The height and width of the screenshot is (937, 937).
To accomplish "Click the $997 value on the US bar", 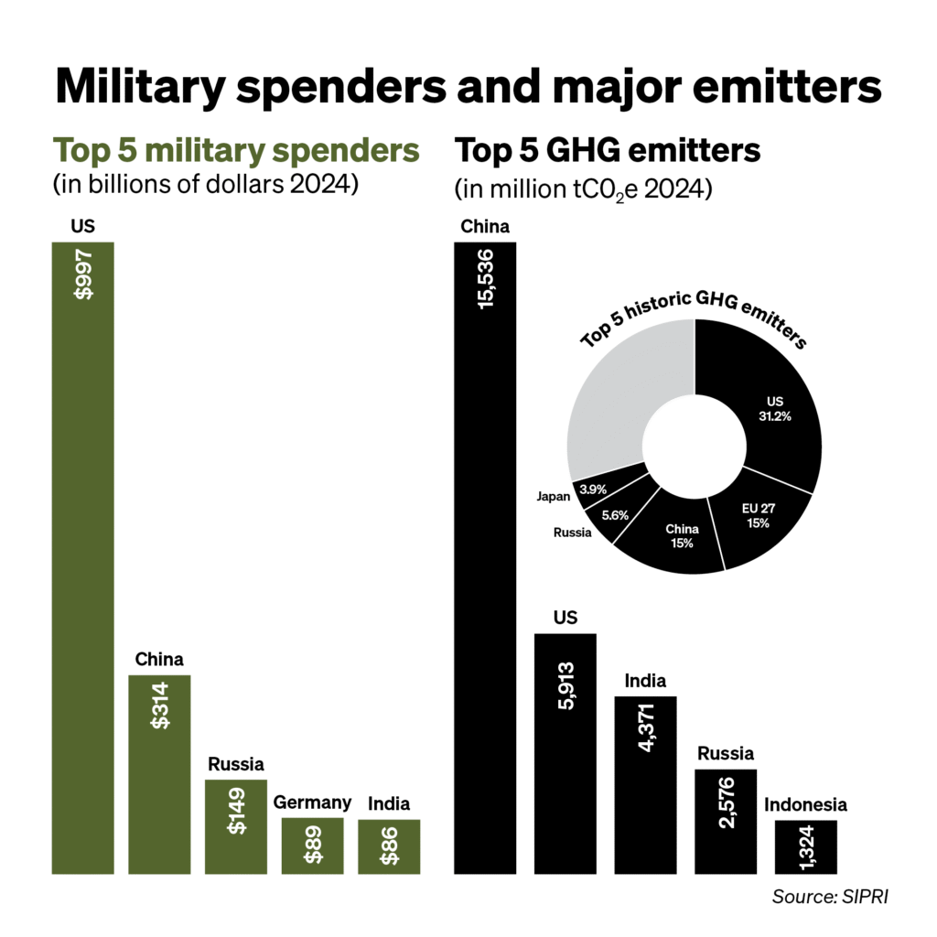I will click(83, 275).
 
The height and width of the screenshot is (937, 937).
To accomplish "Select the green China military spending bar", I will click(159, 773).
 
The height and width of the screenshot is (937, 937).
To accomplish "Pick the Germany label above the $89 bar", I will click(312, 802).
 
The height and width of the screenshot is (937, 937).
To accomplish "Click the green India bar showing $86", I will click(389, 846).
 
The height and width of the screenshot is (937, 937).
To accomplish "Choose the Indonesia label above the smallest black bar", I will click(805, 805).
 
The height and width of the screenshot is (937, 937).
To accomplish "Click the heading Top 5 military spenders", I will click(236, 150).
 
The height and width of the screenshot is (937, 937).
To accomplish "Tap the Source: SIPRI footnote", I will click(829, 896).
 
